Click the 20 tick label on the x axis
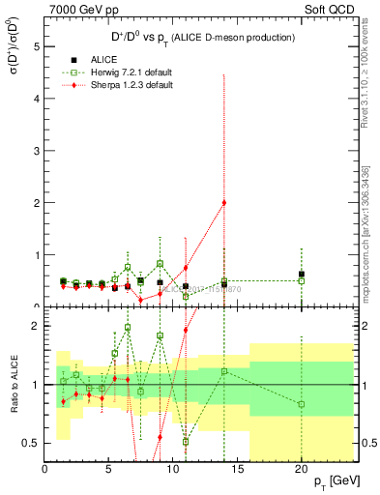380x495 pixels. click(x=301, y=469)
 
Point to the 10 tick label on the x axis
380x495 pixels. click(x=173, y=469)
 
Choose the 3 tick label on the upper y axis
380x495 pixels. click(x=36, y=151)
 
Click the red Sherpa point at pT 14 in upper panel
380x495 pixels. click(x=224, y=202)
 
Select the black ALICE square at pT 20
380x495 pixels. click(x=301, y=274)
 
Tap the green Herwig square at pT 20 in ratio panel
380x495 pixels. click(x=301, y=404)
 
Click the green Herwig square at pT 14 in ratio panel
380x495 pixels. click(x=224, y=370)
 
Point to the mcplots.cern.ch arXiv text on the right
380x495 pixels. click(x=365, y=232)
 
